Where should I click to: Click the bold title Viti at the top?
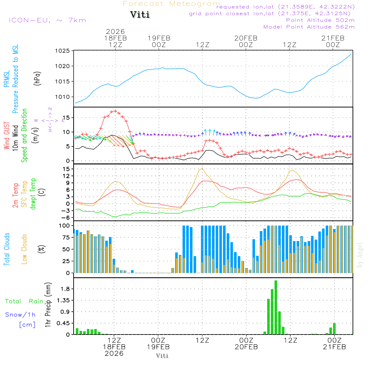(x=140, y=15)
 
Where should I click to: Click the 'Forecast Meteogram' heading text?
(x=171, y=4)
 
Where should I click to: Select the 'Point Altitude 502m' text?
(x=320, y=20)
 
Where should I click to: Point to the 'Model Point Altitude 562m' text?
(x=309, y=27)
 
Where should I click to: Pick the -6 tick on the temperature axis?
(x=67, y=218)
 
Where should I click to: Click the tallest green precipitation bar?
(x=276, y=307)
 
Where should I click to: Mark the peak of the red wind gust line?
(x=115, y=111)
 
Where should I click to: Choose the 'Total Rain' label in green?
(x=24, y=301)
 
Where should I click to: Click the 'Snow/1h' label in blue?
(x=21, y=315)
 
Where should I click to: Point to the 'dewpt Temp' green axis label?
(x=33, y=194)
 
